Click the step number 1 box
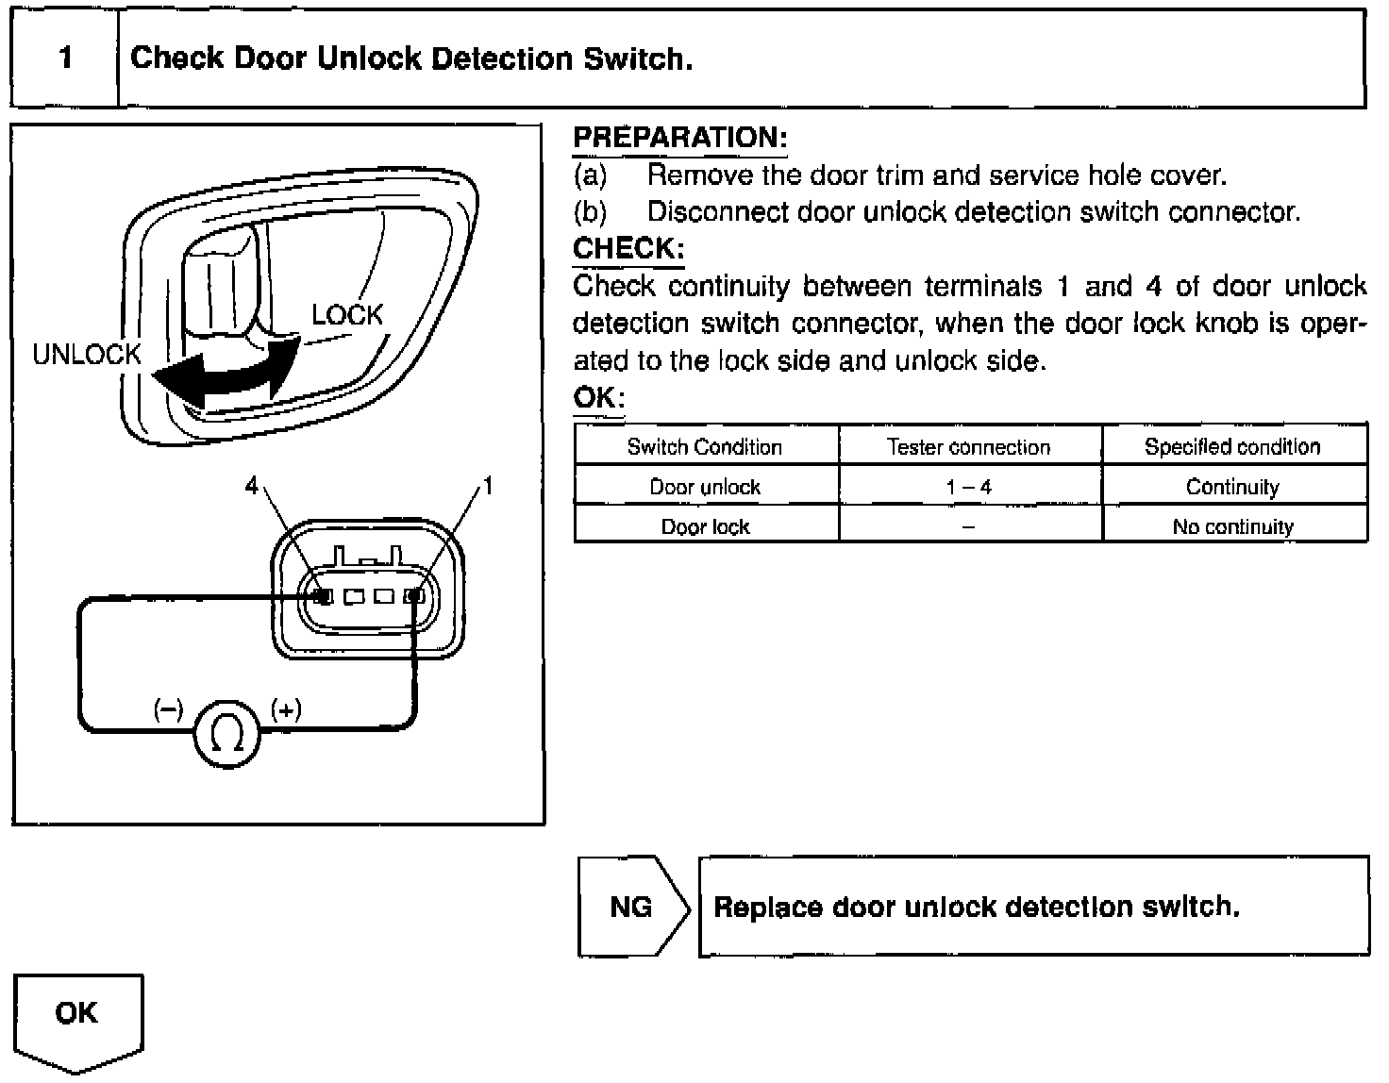[64, 58]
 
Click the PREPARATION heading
[679, 138]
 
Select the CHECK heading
[628, 249]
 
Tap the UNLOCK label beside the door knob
[86, 355]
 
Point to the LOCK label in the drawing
[347, 315]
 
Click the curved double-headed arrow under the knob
[226, 377]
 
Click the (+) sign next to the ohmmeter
[286, 709]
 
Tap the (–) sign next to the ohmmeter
[169, 709]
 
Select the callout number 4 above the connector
[251, 486]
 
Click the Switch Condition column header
[705, 447]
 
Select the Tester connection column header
[969, 447]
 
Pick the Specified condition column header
[1232, 447]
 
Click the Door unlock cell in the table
[705, 487]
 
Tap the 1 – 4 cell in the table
[969, 487]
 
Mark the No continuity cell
[1232, 526]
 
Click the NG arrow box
[631, 907]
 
